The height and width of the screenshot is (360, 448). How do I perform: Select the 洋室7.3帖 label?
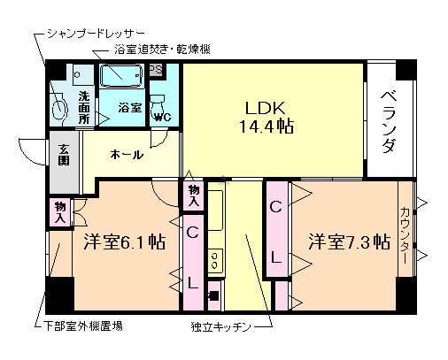350,241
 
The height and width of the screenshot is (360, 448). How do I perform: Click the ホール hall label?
127,155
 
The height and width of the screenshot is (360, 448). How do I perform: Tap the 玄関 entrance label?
64,155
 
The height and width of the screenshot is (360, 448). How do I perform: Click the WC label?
162,116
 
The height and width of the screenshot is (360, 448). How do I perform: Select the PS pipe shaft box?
155,70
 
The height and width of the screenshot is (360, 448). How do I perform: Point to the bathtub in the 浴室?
121,77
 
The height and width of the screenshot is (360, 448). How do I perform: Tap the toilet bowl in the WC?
159,100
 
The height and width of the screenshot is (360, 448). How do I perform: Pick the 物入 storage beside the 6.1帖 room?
60,211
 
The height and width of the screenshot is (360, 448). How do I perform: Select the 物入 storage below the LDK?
194,195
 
